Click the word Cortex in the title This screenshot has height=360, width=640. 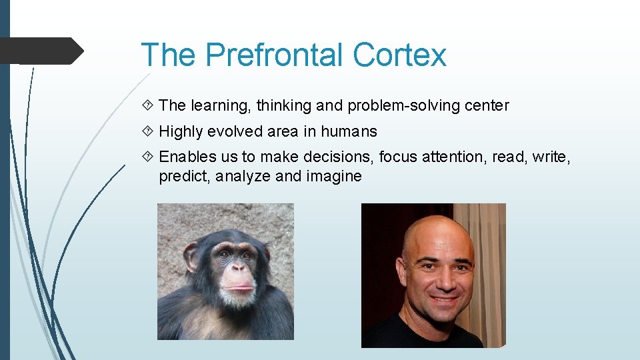[x=399, y=55]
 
